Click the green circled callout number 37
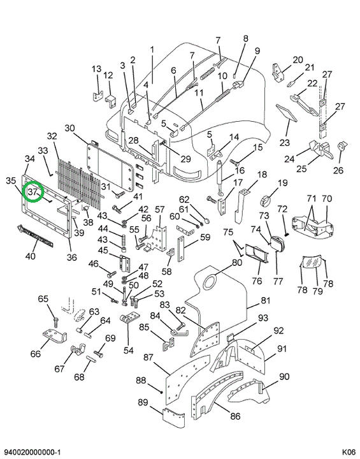33,192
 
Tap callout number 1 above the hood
152,50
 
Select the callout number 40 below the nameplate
30,256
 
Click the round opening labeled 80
209,282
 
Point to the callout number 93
263,317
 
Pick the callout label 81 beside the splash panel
266,300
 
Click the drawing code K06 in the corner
349,452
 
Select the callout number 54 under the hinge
129,350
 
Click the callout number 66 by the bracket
36,354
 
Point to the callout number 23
284,143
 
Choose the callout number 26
338,170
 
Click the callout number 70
327,199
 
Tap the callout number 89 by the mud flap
143,402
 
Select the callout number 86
235,416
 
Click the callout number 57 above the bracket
160,209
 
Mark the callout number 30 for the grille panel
69,128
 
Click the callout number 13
96,69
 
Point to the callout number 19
283,183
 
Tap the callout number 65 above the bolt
43,299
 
